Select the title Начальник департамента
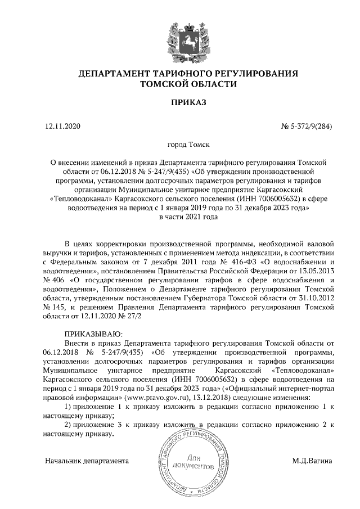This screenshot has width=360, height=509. [x=87, y=461]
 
